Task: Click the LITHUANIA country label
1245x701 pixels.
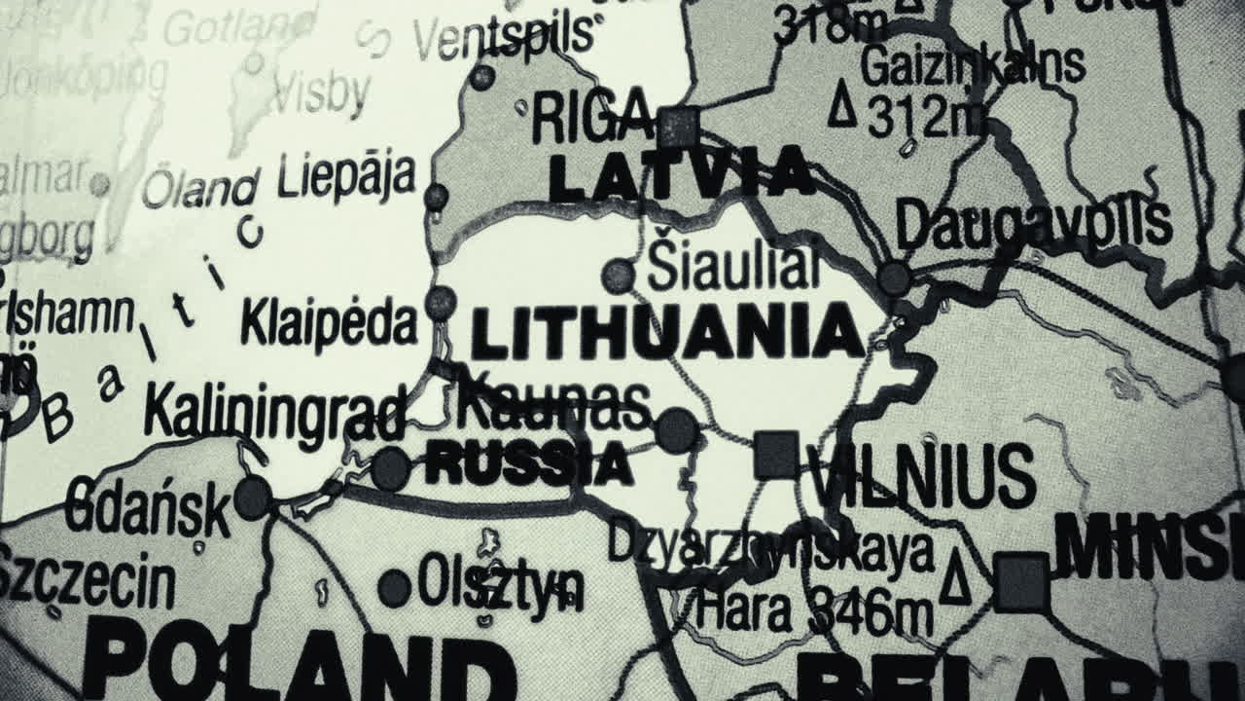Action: (x=667, y=333)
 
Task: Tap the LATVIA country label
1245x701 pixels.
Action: (x=681, y=176)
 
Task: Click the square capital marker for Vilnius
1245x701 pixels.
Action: (x=776, y=454)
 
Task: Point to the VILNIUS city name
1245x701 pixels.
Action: (x=920, y=476)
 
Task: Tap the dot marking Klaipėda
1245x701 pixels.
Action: (x=441, y=303)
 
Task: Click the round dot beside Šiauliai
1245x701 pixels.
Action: (x=618, y=276)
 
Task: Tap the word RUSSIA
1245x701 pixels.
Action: (x=529, y=463)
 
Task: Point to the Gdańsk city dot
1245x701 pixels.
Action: (x=253, y=498)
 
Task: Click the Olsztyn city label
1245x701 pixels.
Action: (x=501, y=584)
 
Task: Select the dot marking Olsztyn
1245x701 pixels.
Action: (x=394, y=588)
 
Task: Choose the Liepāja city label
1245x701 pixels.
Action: (x=346, y=177)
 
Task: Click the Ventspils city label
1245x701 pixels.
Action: (x=503, y=36)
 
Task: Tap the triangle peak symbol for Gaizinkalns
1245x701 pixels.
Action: (x=842, y=105)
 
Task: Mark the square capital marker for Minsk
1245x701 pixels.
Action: (x=1021, y=582)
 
